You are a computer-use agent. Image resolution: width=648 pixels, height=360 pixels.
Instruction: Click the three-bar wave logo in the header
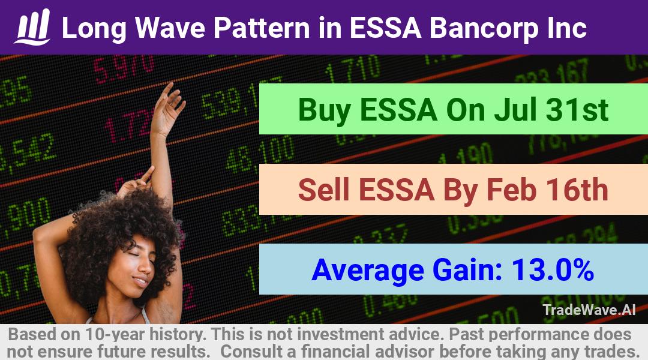(32, 26)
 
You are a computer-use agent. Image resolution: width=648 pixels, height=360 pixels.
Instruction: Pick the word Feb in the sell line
(512, 190)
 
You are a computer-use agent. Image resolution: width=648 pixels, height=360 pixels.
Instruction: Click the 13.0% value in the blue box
(553, 269)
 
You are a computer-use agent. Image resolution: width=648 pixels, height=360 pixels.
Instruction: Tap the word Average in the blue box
(368, 271)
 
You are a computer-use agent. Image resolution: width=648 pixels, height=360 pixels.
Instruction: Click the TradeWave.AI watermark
(589, 310)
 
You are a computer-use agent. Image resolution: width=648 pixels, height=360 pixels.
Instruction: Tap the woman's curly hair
(120, 223)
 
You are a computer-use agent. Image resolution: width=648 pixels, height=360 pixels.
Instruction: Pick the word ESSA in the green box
(398, 110)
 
